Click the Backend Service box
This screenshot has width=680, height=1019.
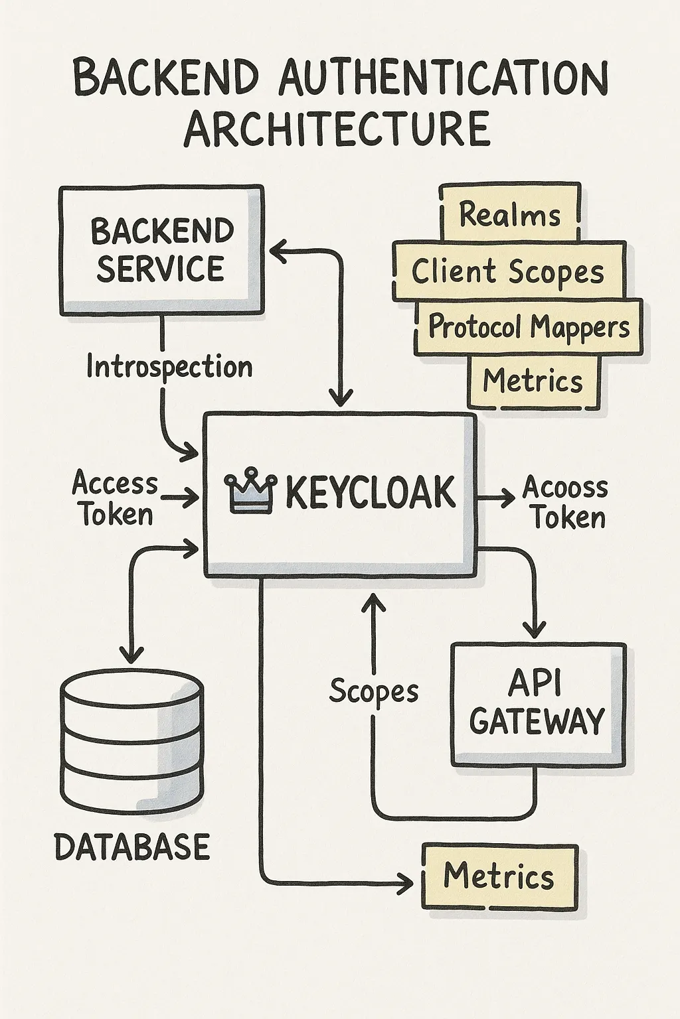(x=161, y=250)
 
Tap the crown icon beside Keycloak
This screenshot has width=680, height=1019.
(x=250, y=492)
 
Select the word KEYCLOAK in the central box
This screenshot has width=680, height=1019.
(x=370, y=492)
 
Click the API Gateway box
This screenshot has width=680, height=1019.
(x=538, y=703)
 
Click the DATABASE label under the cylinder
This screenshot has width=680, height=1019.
(x=131, y=847)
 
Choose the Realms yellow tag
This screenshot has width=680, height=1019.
(x=509, y=214)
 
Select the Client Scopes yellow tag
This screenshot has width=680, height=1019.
(x=508, y=271)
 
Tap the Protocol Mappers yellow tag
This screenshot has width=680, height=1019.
(x=529, y=327)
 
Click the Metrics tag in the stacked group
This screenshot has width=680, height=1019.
(x=533, y=381)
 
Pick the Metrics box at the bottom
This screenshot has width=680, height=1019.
(x=499, y=876)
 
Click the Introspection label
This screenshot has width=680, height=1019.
(x=169, y=367)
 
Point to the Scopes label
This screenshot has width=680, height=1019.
(x=374, y=691)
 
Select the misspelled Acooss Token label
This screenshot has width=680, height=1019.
(x=566, y=502)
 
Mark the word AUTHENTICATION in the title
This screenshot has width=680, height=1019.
(x=443, y=79)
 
